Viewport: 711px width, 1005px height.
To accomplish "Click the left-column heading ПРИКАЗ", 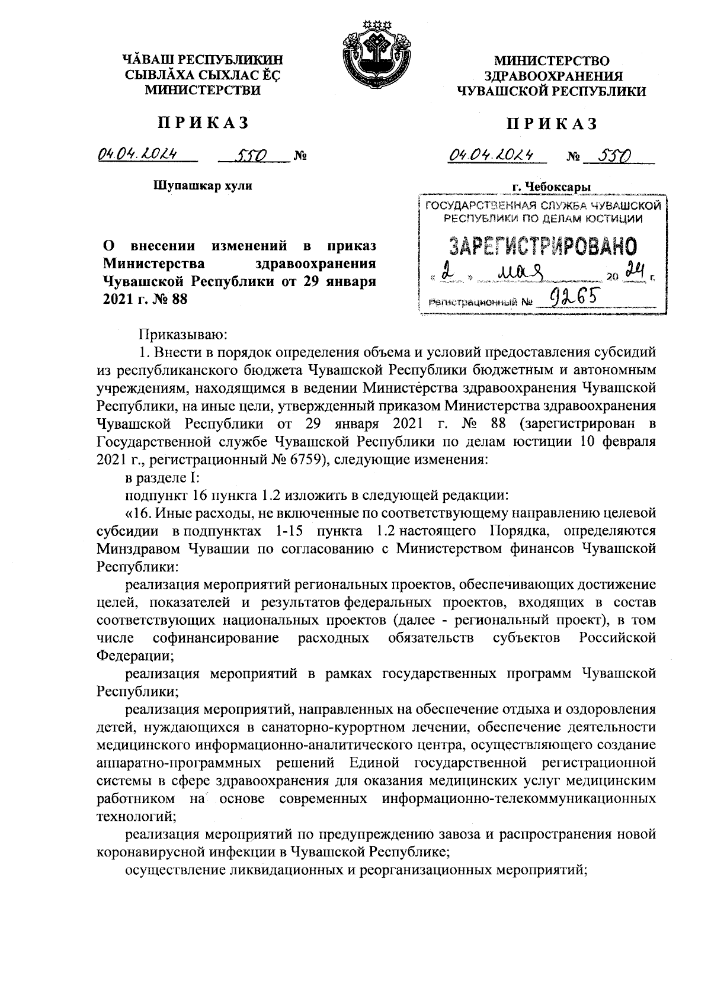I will (x=203, y=123).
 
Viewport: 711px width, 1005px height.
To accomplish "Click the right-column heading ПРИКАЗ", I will (x=551, y=123).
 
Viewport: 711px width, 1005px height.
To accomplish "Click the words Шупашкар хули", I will (x=203, y=186).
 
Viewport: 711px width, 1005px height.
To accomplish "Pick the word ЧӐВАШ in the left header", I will (x=148, y=60).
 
